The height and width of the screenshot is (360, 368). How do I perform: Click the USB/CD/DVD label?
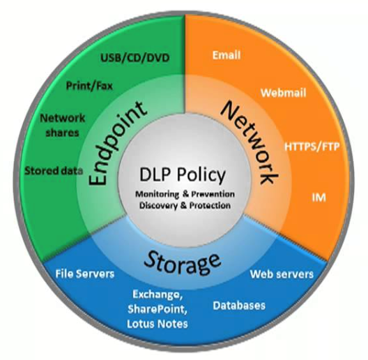click(x=135, y=58)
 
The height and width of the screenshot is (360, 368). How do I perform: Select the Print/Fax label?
click(x=89, y=86)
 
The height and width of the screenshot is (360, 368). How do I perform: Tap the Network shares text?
click(x=63, y=126)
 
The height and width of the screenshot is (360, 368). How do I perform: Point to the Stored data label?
click(x=54, y=171)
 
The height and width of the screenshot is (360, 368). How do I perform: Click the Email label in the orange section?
click(x=227, y=55)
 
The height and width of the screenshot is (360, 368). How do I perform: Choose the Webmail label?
click(x=283, y=93)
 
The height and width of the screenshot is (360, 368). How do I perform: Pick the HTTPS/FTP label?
click(x=312, y=147)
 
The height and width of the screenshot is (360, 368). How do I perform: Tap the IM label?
click(x=319, y=197)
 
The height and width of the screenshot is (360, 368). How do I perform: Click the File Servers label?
click(x=85, y=273)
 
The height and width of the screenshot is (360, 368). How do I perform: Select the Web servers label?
click(x=282, y=274)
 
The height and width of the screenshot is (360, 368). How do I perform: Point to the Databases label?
click(x=239, y=306)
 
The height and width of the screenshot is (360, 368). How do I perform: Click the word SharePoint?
click(x=158, y=309)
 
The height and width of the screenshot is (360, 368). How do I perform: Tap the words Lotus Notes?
click(x=158, y=324)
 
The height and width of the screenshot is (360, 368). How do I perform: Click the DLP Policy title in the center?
click(x=183, y=174)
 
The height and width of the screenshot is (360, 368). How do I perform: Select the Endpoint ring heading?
click(x=117, y=142)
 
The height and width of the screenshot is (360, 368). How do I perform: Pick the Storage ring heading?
click(x=183, y=262)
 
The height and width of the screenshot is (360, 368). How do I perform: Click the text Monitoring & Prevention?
click(x=185, y=194)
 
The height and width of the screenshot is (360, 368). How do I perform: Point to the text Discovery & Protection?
click(x=185, y=205)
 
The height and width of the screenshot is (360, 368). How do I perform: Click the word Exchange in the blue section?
click(x=158, y=295)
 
